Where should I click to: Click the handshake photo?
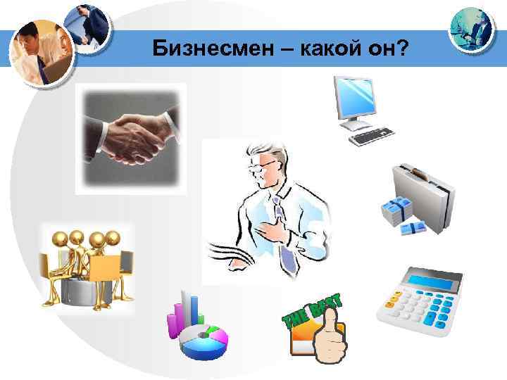[131, 138]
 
